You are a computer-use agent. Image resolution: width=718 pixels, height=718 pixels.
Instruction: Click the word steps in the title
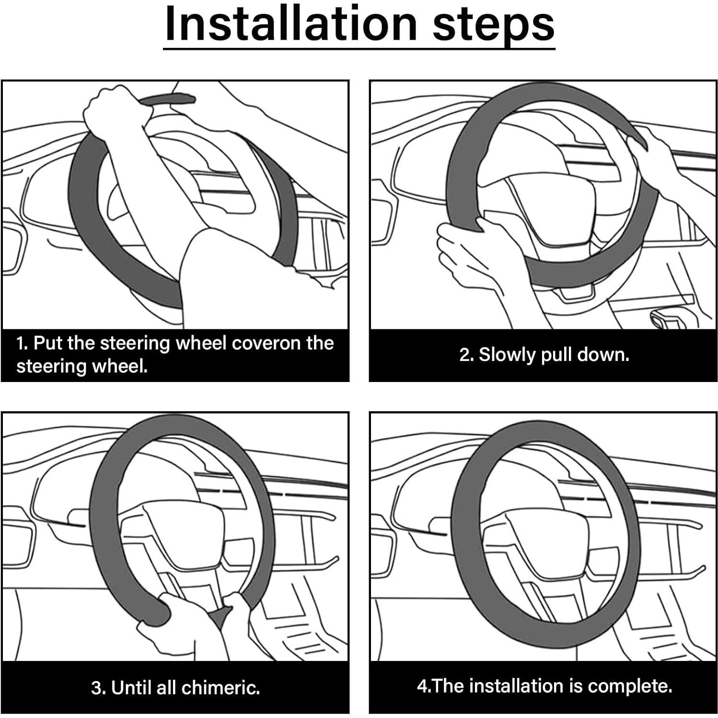click(x=494, y=26)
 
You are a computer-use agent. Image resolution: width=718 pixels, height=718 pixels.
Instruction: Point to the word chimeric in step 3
click(x=221, y=688)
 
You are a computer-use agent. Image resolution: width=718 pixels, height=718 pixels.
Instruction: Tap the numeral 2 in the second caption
click(x=464, y=355)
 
